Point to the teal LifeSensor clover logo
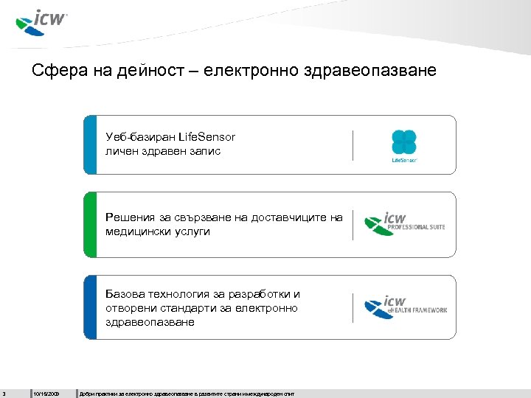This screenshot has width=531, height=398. [403, 142]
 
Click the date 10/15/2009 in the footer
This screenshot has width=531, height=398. [46, 394]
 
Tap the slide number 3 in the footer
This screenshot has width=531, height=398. [4, 394]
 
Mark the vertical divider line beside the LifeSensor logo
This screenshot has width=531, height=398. [353, 144]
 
